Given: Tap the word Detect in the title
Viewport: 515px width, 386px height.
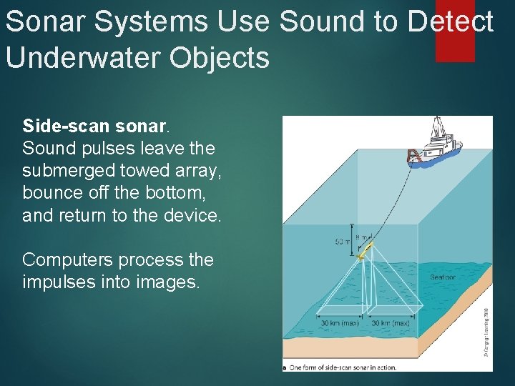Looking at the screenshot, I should click(x=450, y=22).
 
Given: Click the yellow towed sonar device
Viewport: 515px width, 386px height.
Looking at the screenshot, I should click(x=366, y=249).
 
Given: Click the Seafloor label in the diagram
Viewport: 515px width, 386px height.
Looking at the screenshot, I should click(x=443, y=277).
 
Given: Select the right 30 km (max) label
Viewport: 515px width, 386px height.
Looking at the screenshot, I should click(x=391, y=323).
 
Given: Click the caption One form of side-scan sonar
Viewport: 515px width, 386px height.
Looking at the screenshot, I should click(x=343, y=367).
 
